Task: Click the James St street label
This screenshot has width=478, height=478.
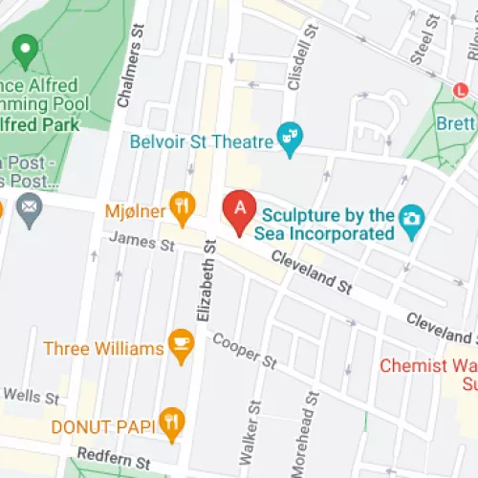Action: (141, 246)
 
